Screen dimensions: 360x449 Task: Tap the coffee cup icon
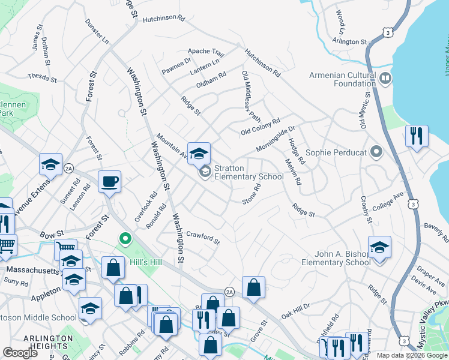[x=109, y=181]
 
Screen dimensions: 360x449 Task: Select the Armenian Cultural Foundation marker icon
[x=385, y=78]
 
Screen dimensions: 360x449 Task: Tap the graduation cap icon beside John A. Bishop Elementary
[x=379, y=247]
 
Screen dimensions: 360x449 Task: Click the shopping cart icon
[x=6, y=245]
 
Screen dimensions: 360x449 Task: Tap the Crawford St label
[x=202, y=237]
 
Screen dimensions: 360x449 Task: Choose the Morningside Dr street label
[x=276, y=131]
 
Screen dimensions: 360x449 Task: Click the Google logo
[x=20, y=353]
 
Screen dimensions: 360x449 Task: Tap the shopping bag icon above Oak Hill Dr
[x=254, y=287]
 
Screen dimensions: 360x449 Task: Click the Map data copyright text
[x=412, y=355]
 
